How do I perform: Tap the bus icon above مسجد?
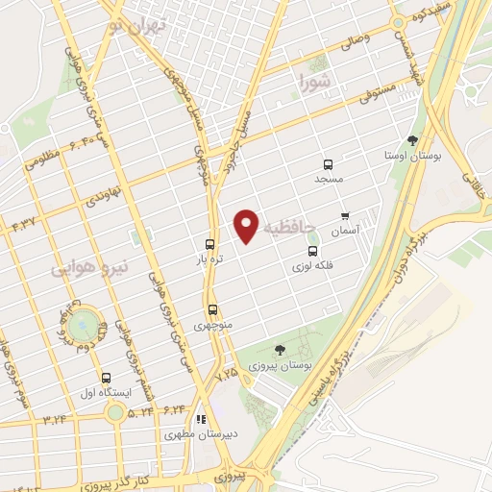tap(329, 163)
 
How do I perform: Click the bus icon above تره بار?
tap(209, 245)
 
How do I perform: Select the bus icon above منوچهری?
tap(212, 309)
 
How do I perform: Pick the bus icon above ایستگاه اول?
tap(105, 378)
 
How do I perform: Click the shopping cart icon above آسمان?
tap(346, 217)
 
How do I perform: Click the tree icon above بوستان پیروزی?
tap(280, 351)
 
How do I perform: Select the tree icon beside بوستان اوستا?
tap(412, 139)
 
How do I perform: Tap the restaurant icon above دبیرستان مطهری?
tap(201, 419)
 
